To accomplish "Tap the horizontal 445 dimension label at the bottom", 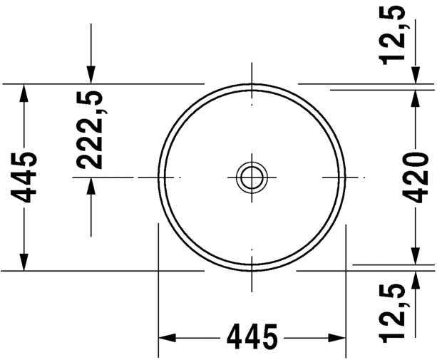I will click(252, 336).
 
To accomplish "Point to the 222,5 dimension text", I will click(91, 129).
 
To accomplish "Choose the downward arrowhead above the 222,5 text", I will click(91, 74).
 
